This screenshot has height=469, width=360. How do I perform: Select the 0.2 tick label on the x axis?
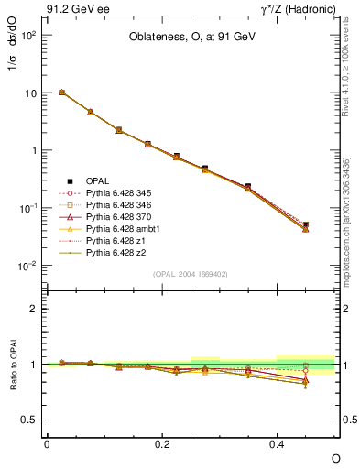pos(162,443)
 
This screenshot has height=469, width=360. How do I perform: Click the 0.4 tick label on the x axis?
pos(278,443)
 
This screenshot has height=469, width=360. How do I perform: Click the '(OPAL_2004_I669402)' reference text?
pos(191,274)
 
